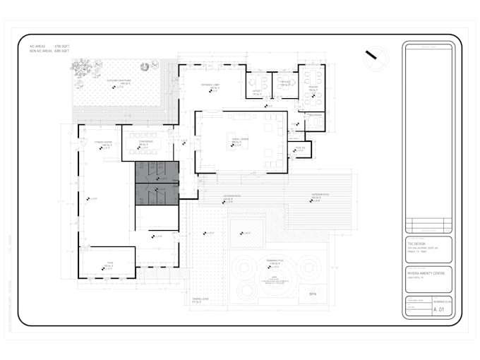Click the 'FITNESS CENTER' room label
pos(104,141)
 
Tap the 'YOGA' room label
pos(110,261)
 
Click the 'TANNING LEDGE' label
pos(201,299)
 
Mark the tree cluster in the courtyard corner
pos(83,68)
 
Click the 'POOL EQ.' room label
pos(299,147)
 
